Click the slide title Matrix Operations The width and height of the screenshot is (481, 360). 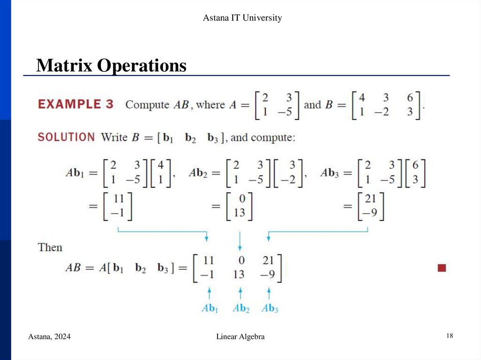pos(111,65)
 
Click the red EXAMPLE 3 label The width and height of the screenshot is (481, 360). pos(76,104)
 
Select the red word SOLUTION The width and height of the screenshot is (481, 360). pos(66,137)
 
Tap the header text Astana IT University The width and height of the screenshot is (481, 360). pos(242,18)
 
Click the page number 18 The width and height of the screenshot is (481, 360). pos(450,336)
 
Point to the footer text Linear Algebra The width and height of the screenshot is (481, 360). pos(240,337)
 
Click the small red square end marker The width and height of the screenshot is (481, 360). pos(442,268)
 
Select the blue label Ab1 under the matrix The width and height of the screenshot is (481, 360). pos(209,308)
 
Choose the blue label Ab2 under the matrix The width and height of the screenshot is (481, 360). pos(240,308)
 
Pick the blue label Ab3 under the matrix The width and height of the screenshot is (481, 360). pos(270,308)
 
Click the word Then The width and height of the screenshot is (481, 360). pos(50,247)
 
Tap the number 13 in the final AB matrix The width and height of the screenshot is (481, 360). pos(239,274)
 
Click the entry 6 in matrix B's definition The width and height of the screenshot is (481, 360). pos(410,98)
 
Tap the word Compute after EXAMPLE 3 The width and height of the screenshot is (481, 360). pos(147,104)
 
